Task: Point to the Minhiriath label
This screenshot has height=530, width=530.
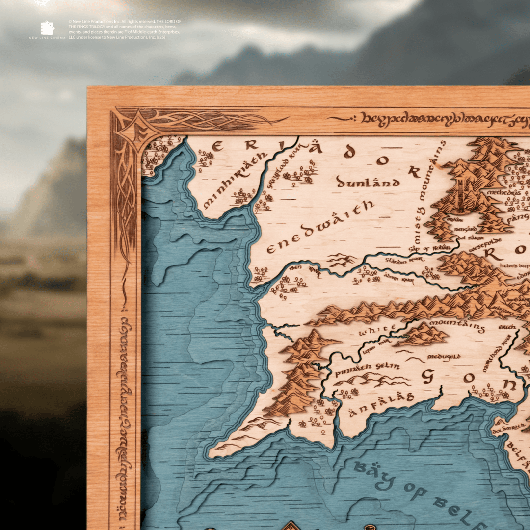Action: pos(235,180)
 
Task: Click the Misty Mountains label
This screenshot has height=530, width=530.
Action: pos(427,192)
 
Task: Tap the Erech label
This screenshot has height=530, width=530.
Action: pos(507,327)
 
